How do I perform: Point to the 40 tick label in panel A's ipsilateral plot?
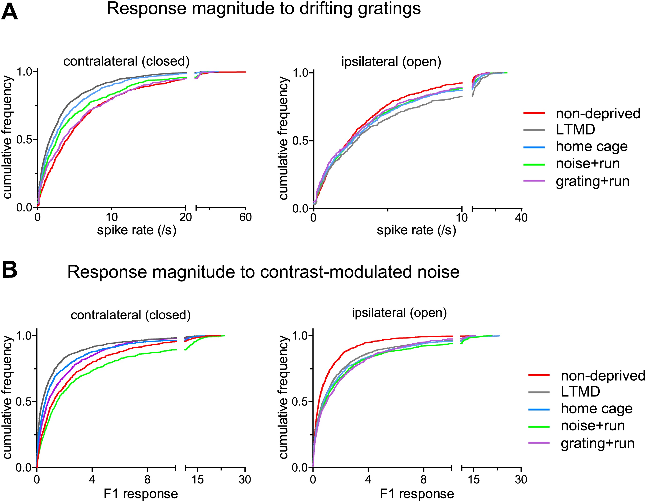point(521,218)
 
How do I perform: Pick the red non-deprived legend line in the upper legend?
point(534,113)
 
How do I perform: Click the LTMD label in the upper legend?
point(575,130)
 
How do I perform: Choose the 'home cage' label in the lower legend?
point(597,409)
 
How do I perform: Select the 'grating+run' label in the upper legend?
point(592,181)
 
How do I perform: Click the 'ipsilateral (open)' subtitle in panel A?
point(391,62)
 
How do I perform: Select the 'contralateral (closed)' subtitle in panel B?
point(131,315)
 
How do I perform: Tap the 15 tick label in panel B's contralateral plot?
point(197,479)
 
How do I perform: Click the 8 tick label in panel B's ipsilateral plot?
point(424,479)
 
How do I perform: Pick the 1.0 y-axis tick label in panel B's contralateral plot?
point(25,336)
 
